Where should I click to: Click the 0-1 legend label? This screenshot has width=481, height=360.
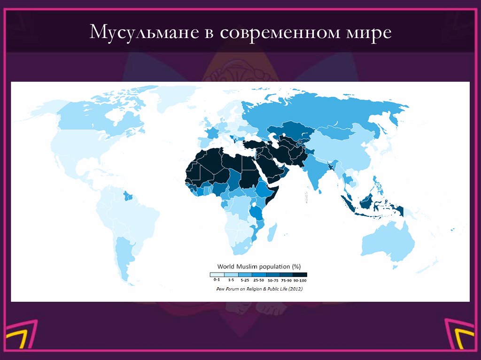click(x=217, y=280)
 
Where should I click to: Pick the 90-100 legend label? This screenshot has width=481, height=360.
click(x=300, y=280)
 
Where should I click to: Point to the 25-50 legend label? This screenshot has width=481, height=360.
click(x=258, y=280)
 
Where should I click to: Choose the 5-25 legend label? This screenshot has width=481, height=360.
click(x=244, y=280)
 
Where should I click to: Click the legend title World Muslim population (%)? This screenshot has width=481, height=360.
click(x=258, y=265)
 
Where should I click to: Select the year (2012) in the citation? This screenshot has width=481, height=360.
click(x=294, y=289)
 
